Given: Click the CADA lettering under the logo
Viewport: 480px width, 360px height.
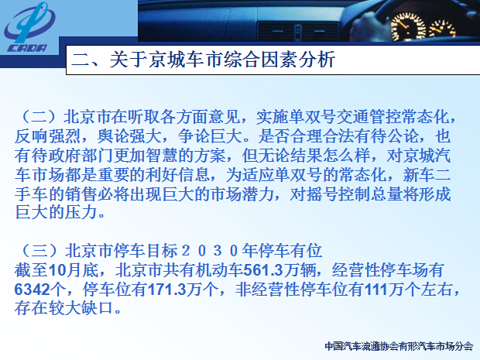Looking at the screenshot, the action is click(27, 48).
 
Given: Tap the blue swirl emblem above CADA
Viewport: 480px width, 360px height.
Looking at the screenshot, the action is click(29, 22).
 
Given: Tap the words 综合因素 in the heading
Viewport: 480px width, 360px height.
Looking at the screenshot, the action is click(261, 59).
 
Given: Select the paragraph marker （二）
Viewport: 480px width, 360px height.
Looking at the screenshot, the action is click(39, 117).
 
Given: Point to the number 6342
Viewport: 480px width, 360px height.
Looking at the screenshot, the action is click(32, 290).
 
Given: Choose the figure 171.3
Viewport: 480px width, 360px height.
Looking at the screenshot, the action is click(167, 290).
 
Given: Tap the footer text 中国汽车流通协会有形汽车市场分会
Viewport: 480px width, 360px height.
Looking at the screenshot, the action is click(399, 346).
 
